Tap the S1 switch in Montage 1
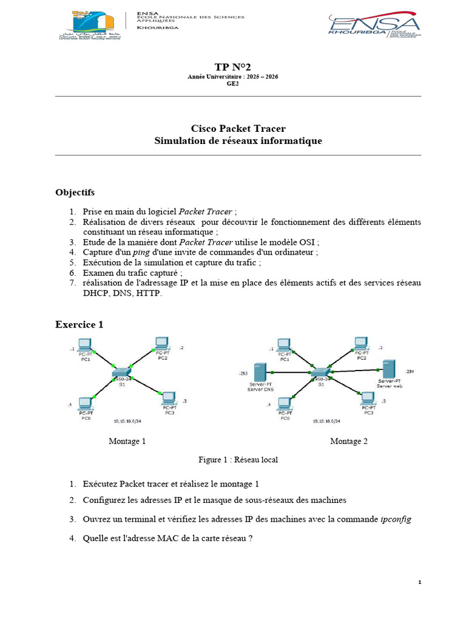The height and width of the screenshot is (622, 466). click(121, 372)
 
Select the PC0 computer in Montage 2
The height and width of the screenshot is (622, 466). click(284, 403)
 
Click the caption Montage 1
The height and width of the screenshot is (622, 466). click(127, 441)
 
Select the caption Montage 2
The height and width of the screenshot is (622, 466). click(349, 441)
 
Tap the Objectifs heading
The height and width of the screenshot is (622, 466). click(75, 193)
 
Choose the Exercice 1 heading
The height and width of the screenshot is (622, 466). click(79, 324)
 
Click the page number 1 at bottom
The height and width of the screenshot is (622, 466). click(419, 583)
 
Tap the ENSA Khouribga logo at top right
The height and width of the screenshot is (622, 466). click(374, 26)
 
